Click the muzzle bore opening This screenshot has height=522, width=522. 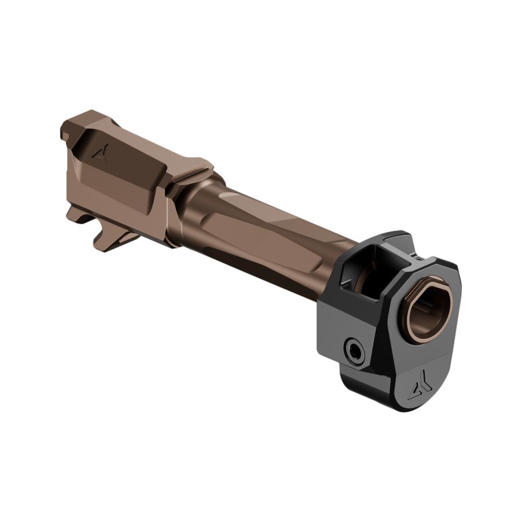[x=429, y=312]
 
